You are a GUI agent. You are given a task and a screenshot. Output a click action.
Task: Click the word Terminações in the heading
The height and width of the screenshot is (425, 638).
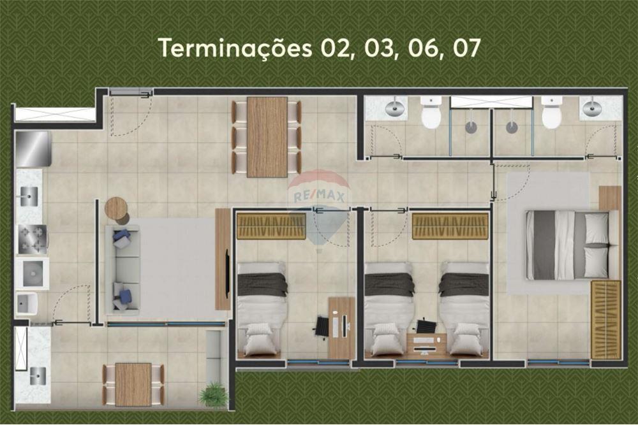(234, 48)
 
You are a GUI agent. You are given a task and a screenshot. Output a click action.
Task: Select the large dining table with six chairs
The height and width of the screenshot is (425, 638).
(267, 136)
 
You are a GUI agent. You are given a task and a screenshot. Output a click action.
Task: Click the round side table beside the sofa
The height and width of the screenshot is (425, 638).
(116, 208)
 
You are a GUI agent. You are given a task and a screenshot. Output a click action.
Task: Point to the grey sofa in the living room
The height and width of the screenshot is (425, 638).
(122, 268)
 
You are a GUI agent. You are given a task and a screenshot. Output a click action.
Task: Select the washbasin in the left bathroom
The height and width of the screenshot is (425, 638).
(396, 108)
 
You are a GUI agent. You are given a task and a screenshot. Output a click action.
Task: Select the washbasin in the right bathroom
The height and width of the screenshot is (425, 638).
(592, 108)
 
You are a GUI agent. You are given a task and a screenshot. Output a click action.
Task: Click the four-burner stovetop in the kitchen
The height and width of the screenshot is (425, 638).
(32, 240)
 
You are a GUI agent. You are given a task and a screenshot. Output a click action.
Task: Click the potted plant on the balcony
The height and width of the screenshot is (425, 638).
(214, 395)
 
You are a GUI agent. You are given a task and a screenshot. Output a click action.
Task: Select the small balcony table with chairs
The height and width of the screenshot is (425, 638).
(133, 384)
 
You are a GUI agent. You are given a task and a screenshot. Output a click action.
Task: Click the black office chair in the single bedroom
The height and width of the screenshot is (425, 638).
(322, 327)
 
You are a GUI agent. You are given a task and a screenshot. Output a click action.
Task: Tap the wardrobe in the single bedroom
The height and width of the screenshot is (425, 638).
(271, 226)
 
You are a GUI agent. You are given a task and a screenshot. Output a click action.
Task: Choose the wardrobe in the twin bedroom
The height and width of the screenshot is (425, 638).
(450, 226)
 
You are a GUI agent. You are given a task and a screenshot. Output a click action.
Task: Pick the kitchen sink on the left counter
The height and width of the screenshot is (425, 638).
(28, 197)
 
